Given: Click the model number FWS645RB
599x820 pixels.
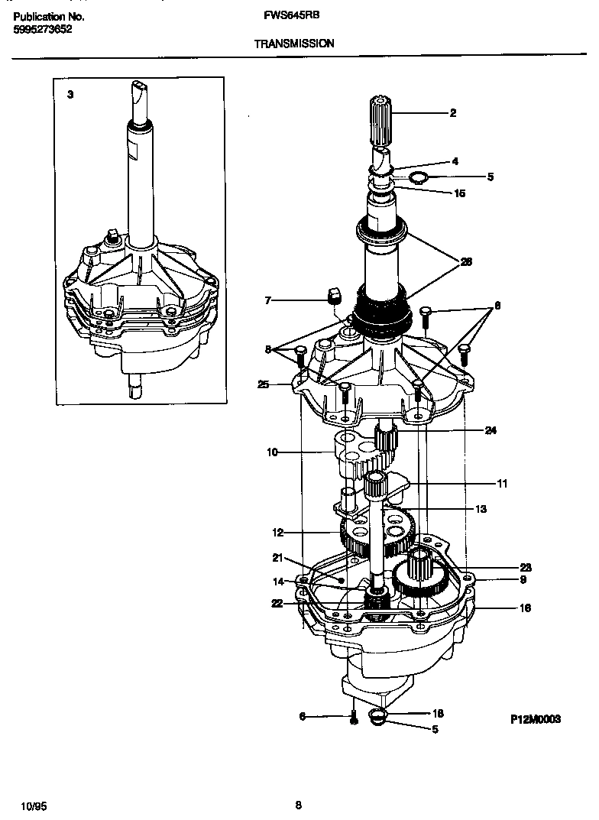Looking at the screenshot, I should (286, 15).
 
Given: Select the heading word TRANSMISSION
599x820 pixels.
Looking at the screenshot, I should (293, 44).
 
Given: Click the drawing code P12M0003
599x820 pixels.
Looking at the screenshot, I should (536, 719).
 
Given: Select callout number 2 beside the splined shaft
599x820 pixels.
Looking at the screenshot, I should (453, 113).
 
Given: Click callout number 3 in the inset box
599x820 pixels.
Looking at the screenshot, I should (70, 95).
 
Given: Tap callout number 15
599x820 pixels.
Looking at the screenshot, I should (459, 193).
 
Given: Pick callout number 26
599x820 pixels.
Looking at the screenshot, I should (465, 261).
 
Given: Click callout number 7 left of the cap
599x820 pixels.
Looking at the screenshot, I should (268, 300).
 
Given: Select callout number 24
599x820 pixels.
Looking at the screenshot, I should (491, 430).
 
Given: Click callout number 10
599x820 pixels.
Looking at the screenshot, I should (271, 452).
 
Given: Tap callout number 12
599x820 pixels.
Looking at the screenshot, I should (278, 533).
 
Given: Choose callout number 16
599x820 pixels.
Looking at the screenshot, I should (503, 608).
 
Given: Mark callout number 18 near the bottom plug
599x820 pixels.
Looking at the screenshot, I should (438, 713).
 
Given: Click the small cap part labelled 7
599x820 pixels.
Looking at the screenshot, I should (333, 295).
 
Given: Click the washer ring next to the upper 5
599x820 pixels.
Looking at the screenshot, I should (417, 179).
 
